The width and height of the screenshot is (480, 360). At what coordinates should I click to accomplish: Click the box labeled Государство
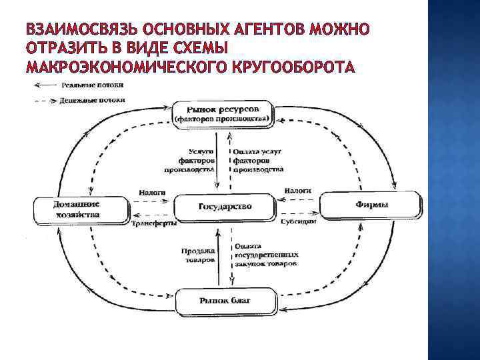click(225, 207)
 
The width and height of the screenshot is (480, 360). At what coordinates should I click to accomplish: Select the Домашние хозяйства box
click(77, 209)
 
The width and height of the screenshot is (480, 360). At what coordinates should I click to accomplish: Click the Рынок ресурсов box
click(223, 113)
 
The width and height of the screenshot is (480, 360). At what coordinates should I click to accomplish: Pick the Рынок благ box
click(225, 301)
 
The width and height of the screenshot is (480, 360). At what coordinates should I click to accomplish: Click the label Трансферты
click(154, 224)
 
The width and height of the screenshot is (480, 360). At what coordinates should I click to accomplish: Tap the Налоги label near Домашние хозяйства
click(152, 192)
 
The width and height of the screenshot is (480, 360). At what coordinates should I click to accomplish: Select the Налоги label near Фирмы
click(298, 191)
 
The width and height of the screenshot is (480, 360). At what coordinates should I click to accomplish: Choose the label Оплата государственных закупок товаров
click(266, 255)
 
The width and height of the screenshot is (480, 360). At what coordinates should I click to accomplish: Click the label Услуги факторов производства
click(197, 161)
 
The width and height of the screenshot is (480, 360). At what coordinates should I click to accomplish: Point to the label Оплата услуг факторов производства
click(259, 161)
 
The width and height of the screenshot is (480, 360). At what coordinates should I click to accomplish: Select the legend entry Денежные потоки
click(93, 100)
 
